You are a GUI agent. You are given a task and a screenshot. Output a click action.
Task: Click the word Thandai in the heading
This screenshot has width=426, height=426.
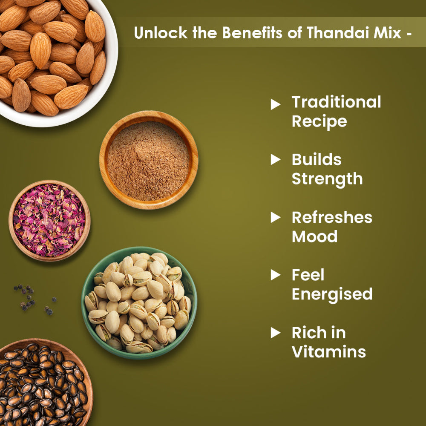pyautogui.click(x=332, y=32)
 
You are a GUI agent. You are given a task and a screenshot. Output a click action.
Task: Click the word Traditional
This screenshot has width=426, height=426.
pyautogui.click(x=336, y=102)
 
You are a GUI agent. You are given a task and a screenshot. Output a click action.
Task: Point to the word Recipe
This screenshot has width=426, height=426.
pyautogui.click(x=319, y=121)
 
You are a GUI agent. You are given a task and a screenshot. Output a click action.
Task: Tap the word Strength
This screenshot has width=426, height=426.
pyautogui.click(x=327, y=179)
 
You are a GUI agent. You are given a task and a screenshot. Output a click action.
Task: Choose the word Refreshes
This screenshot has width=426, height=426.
pyautogui.click(x=332, y=217)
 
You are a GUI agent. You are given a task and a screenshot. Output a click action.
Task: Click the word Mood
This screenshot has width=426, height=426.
pyautogui.click(x=314, y=236)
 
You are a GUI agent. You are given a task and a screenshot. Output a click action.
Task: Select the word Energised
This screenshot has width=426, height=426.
pyautogui.click(x=332, y=294)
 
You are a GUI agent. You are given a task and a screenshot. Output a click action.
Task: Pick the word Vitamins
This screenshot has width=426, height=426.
pyautogui.click(x=328, y=352)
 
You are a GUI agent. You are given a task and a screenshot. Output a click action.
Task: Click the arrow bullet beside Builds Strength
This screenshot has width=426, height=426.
pyautogui.click(x=276, y=160)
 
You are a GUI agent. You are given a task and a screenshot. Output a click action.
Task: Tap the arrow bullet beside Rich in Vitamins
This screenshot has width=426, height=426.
pyautogui.click(x=276, y=333)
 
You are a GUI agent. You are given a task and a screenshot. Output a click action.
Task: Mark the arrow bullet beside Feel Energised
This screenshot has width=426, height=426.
pyautogui.click(x=276, y=275)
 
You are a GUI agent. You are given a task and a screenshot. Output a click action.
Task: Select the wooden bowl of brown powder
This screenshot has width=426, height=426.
pyautogui.click(x=148, y=161)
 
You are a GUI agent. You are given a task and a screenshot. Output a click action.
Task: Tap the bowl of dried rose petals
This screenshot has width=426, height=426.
pyautogui.click(x=49, y=220)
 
